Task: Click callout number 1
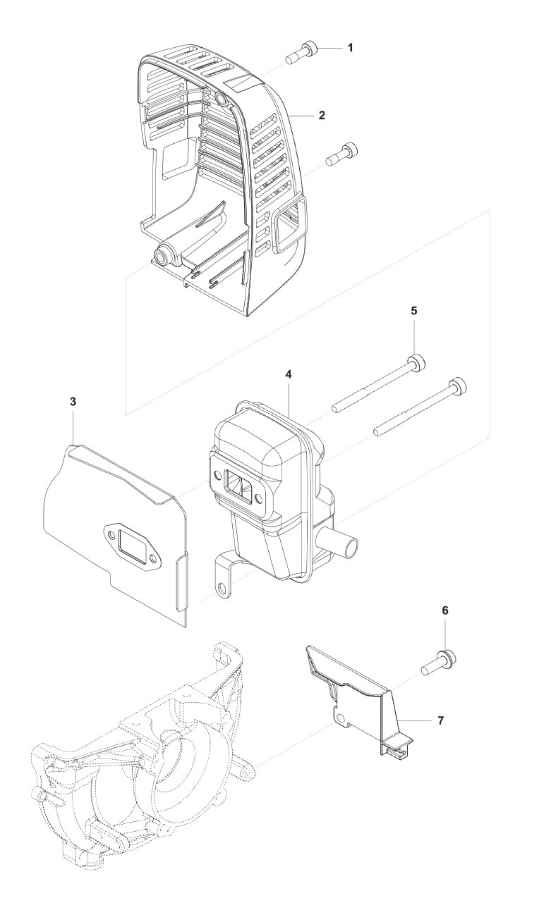(350, 48)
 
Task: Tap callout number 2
(322, 115)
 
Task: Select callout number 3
(73, 401)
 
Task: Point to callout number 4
(289, 374)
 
